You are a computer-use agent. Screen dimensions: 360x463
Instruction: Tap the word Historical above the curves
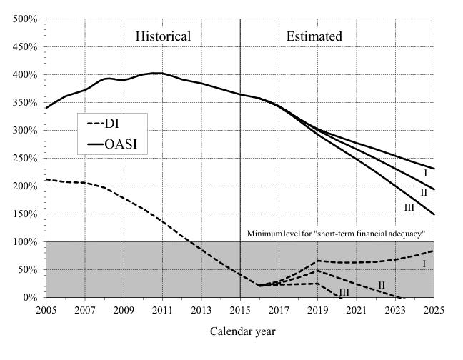pos(164,36)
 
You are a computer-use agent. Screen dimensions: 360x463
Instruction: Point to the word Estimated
pos(314,36)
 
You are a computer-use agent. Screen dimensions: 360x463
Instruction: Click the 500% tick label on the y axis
pos(25,19)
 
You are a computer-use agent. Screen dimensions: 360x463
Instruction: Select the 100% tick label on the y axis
pos(25,241)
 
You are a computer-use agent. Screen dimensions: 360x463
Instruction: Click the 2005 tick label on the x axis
pos(46,310)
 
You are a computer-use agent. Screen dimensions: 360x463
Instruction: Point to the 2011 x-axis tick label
pos(162,310)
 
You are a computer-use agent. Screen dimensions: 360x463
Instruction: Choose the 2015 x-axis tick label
pos(240,310)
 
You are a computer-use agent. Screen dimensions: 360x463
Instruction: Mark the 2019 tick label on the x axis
pos(318,310)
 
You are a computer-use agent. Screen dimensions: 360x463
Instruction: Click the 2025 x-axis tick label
pos(434,310)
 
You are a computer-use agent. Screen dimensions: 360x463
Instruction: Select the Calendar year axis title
pos(242,331)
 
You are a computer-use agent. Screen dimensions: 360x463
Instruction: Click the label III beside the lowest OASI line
pos(409,208)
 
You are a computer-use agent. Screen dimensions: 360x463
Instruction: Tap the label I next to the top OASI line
pos(424,174)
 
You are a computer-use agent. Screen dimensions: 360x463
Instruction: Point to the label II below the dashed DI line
pos(381,285)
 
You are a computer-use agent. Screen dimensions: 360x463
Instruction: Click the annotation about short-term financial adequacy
pos(336,234)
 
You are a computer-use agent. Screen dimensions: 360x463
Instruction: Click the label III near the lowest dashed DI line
pos(343,292)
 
